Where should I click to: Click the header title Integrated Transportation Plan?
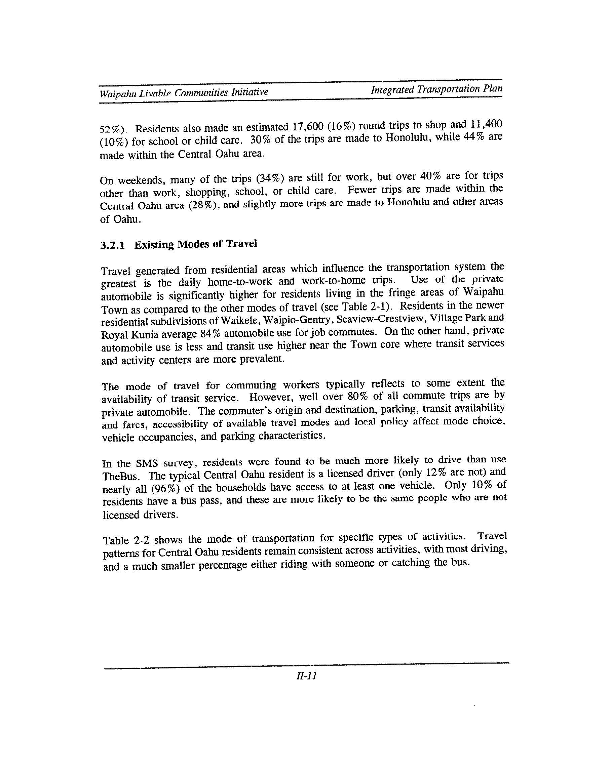coord(436,89)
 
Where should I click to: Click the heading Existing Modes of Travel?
coord(196,244)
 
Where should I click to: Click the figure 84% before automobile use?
coord(210,334)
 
